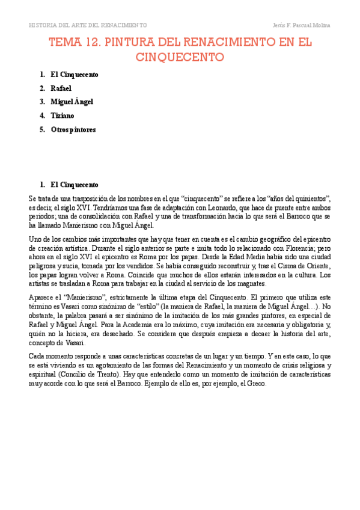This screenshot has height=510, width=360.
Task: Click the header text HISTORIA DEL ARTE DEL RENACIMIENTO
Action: coord(88,25)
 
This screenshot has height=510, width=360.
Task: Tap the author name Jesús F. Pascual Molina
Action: coord(301,25)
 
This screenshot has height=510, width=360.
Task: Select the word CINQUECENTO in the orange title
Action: coord(180,57)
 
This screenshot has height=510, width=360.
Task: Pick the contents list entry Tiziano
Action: coord(63,115)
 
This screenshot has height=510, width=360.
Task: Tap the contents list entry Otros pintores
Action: coord(73,129)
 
